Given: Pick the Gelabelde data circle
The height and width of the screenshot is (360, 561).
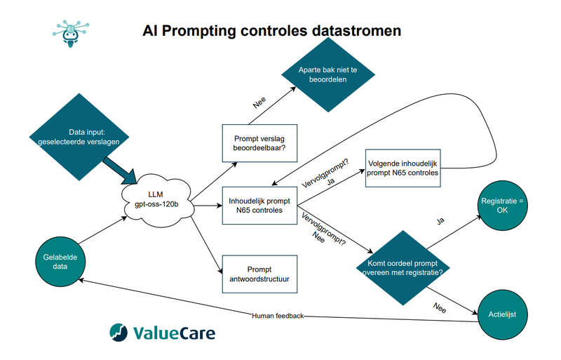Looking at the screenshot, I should [60, 262].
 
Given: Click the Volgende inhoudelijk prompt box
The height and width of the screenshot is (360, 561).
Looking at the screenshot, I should [403, 168].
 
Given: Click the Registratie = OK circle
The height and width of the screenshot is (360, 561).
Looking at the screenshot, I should [502, 206].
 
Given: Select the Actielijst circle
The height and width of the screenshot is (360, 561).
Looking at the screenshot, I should [502, 314].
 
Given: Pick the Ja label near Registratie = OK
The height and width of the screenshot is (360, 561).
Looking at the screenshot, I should [440, 221].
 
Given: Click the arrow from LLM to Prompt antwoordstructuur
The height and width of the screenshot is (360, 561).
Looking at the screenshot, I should [205, 239].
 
